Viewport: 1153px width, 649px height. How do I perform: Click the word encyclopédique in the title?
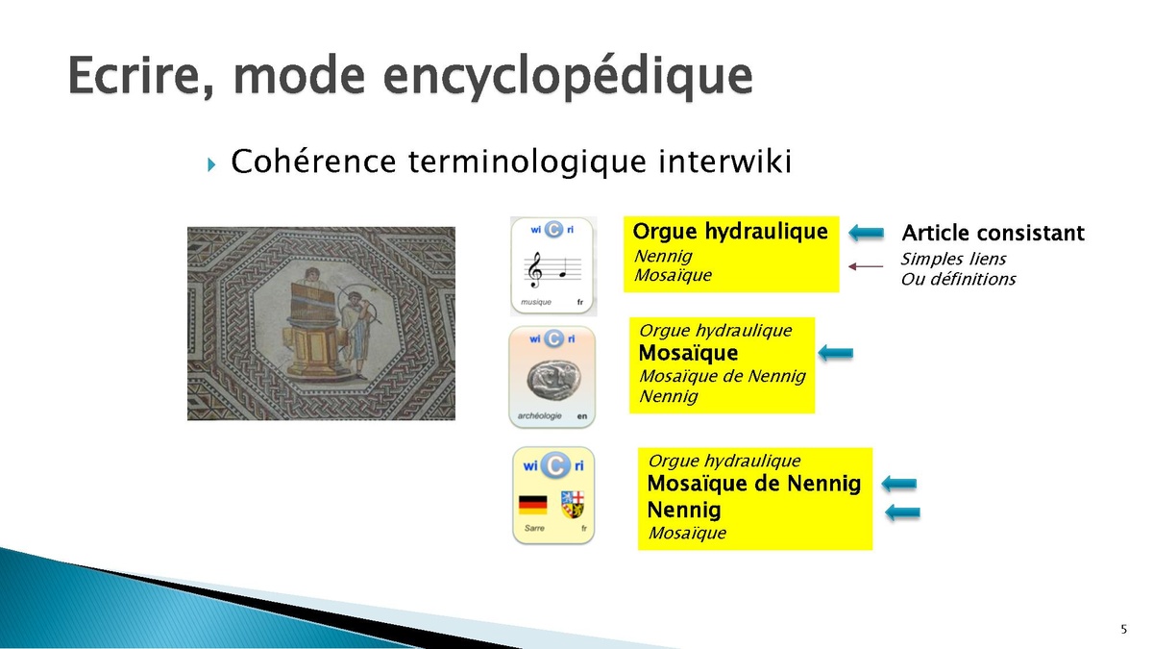click(568, 77)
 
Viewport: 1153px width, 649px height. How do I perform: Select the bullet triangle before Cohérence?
click(211, 164)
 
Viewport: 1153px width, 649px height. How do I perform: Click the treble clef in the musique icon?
click(536, 270)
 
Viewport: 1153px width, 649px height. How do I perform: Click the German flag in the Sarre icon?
click(532, 505)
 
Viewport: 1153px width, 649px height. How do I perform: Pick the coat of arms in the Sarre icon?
click(573, 504)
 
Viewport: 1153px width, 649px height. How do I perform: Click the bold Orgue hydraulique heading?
click(730, 232)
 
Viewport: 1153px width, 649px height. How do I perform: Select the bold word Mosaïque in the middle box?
click(688, 353)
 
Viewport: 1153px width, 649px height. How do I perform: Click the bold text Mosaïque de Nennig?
click(754, 484)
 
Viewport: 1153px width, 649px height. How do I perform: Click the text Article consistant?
click(993, 233)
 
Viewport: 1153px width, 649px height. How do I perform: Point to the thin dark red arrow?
click(866, 266)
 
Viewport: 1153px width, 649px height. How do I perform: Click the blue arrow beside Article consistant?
click(867, 233)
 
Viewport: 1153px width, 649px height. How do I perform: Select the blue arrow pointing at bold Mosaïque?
click(835, 353)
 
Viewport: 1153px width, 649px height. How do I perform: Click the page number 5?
click(1123, 629)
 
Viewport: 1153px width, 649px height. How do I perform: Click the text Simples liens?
click(953, 259)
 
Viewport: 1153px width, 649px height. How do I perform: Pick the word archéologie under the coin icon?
click(539, 415)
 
